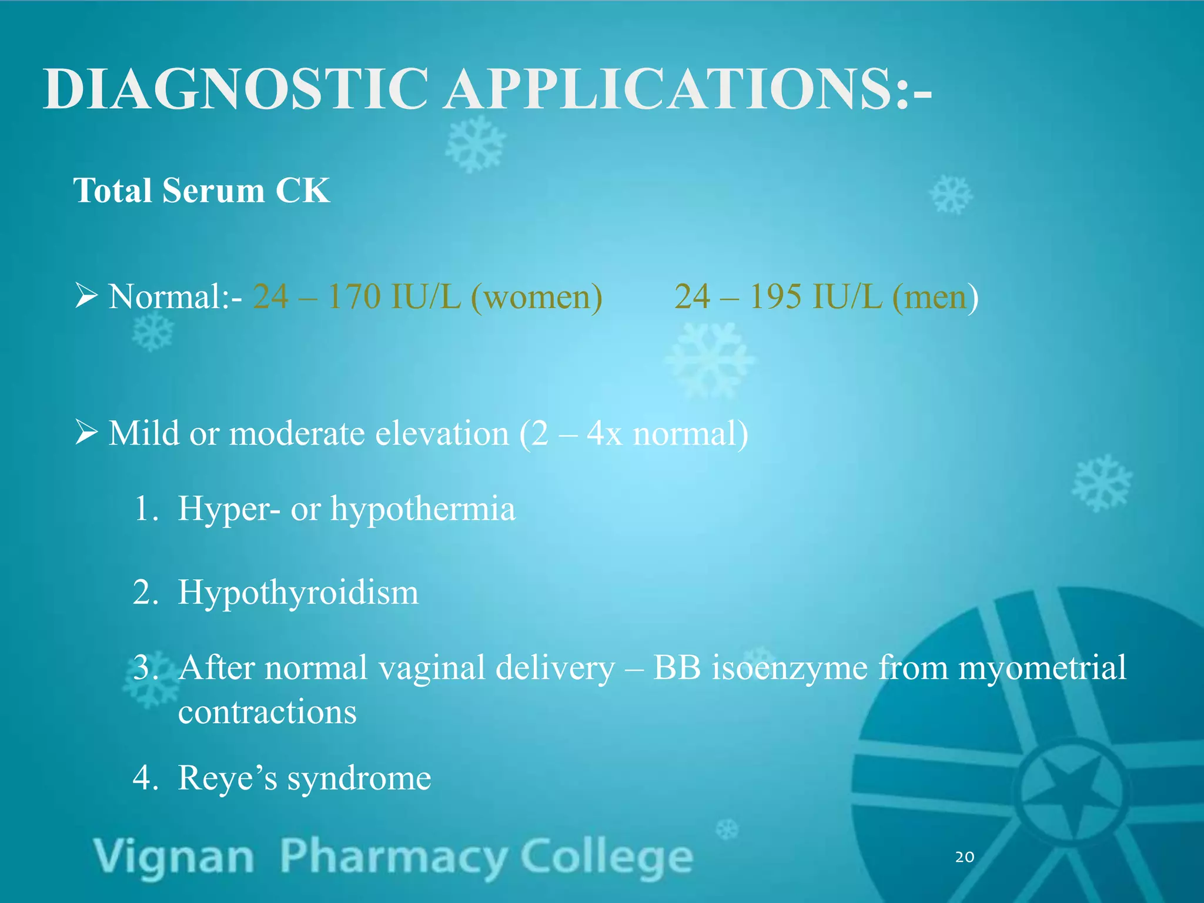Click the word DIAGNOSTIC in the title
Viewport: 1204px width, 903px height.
(235, 89)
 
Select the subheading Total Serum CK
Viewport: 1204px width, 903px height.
(201, 190)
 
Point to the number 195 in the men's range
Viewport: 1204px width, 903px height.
(775, 296)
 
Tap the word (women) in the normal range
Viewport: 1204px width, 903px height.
(536, 297)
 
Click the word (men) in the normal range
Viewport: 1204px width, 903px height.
(935, 297)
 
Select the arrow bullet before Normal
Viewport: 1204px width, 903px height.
(86, 295)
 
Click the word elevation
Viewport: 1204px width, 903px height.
(442, 434)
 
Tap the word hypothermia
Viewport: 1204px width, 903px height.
(423, 509)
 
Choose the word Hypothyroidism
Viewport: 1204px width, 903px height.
(298, 593)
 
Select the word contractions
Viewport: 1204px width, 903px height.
(267, 713)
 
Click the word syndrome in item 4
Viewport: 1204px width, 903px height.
(359, 778)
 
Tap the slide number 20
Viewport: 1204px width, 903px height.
(965, 857)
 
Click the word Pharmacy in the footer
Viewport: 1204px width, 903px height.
(393, 857)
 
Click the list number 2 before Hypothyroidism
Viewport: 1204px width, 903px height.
(145, 593)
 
